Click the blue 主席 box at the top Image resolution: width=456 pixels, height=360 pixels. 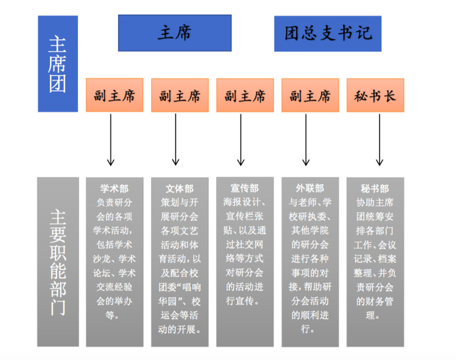tap(175, 33)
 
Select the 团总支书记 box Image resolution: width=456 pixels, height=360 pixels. tap(328, 34)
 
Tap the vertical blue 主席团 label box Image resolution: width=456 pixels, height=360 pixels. tap(58, 64)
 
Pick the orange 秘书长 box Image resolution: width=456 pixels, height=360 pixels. tap(375, 95)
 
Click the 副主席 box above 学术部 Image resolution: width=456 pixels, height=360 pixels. tap(115, 95)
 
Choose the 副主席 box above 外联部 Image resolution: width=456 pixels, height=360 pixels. tap(310, 95)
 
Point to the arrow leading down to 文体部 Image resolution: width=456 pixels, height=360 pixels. tap(175, 140)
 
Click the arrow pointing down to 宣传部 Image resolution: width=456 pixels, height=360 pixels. tap(240, 140)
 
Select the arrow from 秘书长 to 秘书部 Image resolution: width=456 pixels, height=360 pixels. tap(379, 140)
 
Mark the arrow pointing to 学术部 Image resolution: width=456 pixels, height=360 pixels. tap(111, 140)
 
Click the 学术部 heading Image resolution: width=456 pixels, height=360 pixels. tap(114, 188)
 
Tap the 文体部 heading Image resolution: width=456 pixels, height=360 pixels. tap(179, 188)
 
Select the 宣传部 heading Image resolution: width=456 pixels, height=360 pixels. tap(245, 188)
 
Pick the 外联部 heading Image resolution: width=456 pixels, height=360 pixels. tap(310, 188)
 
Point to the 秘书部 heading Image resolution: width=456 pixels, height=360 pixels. tap(375, 188)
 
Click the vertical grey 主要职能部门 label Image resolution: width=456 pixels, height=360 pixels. tap(58, 262)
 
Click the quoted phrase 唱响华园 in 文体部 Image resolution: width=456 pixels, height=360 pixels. tap(180, 294)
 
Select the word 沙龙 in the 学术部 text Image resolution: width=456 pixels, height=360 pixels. tap(102, 258)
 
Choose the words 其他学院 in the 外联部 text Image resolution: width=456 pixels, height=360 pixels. tap(310, 230)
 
